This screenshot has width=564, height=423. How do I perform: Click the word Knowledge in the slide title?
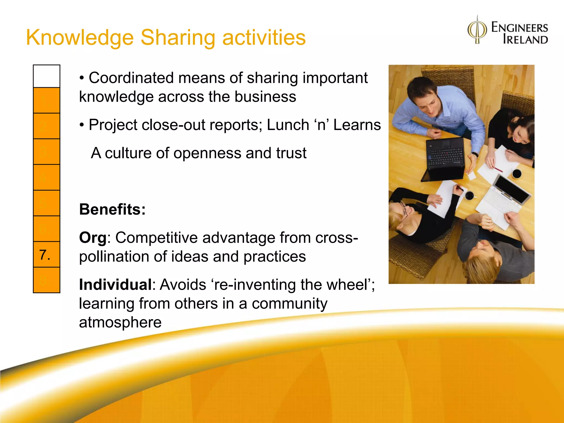click(x=80, y=38)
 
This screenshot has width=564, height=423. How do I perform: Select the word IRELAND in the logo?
click(x=525, y=39)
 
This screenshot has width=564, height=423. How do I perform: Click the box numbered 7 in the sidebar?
click(x=46, y=254)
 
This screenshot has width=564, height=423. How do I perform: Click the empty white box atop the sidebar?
click(x=46, y=76)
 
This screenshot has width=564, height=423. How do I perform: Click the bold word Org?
click(x=93, y=237)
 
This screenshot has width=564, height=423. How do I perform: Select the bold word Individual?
click(x=115, y=284)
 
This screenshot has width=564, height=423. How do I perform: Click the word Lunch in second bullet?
click(x=288, y=125)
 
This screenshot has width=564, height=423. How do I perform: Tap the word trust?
click(x=291, y=153)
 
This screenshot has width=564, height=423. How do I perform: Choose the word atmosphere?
click(x=120, y=322)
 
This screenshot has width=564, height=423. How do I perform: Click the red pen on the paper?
click(x=498, y=169)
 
